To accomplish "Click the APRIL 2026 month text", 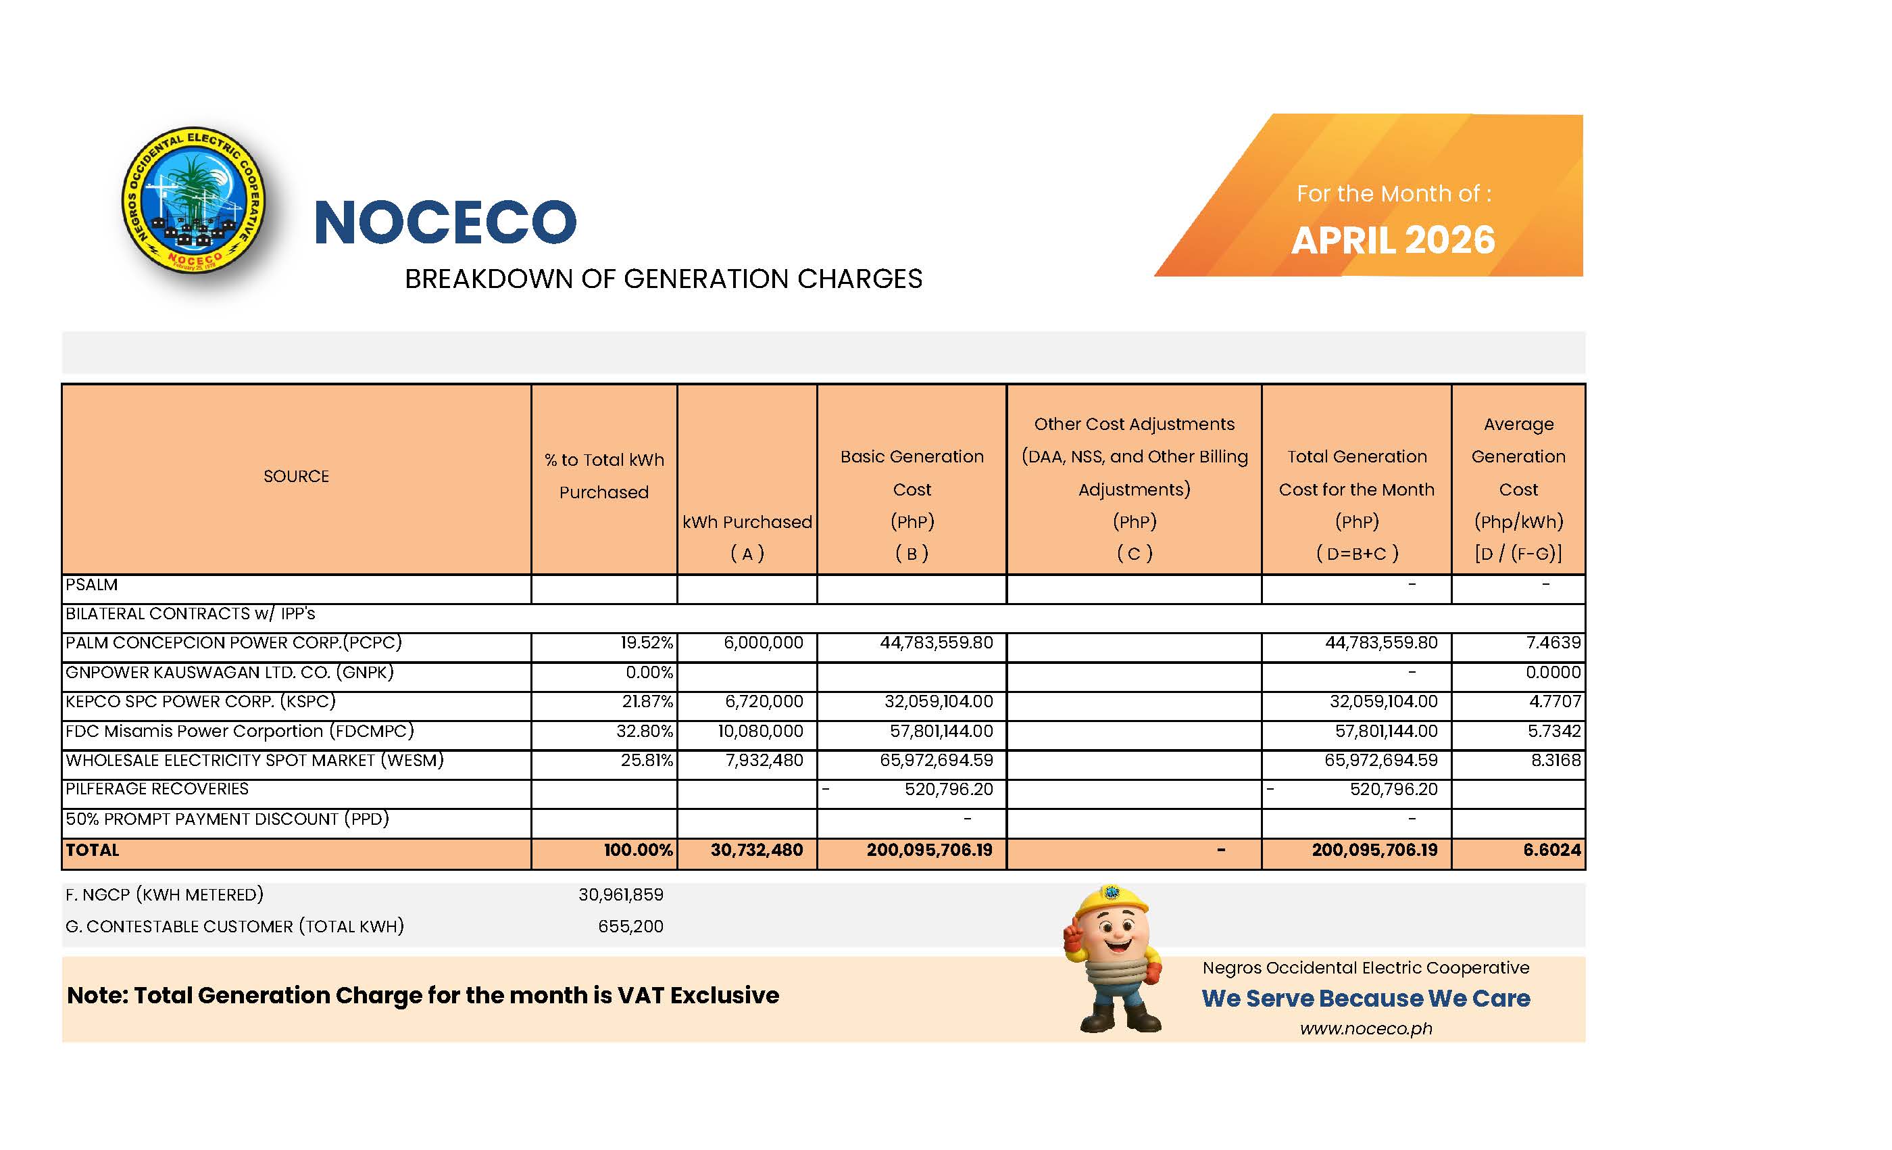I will [x=1393, y=241].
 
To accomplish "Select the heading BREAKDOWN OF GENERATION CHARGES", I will [x=664, y=279].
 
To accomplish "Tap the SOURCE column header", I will [x=297, y=476].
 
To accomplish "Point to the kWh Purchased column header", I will [x=747, y=523].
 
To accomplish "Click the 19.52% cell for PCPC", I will [x=647, y=643].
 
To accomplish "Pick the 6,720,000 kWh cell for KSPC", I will [x=764, y=701].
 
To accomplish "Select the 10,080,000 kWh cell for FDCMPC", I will [x=761, y=732].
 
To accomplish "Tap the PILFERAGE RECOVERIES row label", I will [x=157, y=789].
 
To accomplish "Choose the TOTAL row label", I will [x=93, y=850].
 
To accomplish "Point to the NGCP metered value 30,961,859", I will [x=620, y=895].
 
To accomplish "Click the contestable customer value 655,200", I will [x=630, y=926].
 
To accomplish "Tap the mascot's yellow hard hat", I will [x=1111, y=901].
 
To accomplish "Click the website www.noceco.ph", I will [x=1366, y=1028].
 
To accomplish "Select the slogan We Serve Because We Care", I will [x=1366, y=998].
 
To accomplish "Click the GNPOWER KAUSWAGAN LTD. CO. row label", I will [x=230, y=673].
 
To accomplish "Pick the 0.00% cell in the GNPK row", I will [x=649, y=673].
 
